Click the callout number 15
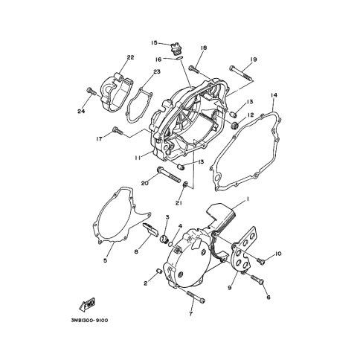154,43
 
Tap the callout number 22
130,57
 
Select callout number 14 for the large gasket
274,95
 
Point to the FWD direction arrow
87,304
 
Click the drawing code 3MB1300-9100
89,321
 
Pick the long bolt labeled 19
242,73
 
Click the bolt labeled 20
169,175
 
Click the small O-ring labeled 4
170,245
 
